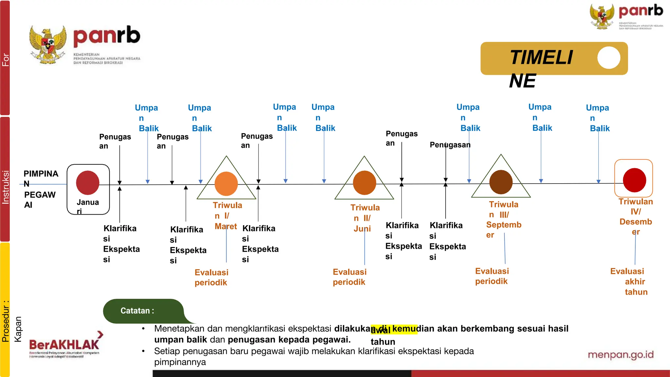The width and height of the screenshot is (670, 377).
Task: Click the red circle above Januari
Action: (x=88, y=183)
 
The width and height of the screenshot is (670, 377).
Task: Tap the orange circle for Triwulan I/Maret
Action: (x=226, y=184)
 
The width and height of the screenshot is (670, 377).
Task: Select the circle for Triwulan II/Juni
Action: (x=364, y=183)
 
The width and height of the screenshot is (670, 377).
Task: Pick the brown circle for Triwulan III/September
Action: (x=501, y=182)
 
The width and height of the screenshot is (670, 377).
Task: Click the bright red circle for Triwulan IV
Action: (x=634, y=180)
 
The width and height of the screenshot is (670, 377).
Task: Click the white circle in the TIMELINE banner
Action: (x=608, y=58)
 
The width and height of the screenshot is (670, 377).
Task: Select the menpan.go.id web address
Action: (x=621, y=355)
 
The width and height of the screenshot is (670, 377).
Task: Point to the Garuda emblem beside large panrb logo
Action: (x=48, y=45)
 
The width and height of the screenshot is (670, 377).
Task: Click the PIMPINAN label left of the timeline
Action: (x=41, y=178)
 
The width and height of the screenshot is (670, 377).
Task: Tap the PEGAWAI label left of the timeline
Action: (x=40, y=200)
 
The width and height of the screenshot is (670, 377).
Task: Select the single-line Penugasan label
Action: (x=450, y=145)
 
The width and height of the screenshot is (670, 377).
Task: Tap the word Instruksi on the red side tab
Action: (x=6, y=187)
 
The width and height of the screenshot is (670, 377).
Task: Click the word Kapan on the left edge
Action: (x=18, y=329)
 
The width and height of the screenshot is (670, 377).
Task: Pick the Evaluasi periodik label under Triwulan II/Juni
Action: (x=349, y=277)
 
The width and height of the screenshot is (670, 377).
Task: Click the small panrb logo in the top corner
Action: (x=626, y=16)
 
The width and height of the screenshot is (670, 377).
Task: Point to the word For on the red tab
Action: (x=6, y=60)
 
